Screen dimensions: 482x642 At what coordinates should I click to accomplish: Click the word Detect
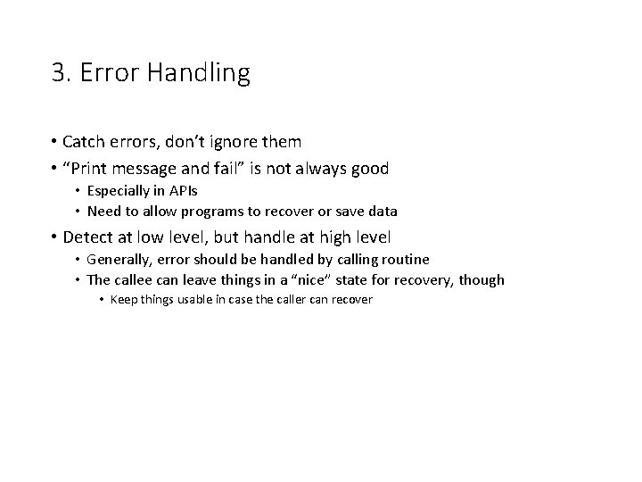pyautogui.click(x=86, y=237)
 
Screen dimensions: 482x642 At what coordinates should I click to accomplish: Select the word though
pyautogui.click(x=482, y=280)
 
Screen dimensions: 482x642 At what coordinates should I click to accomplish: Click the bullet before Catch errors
pyautogui.click(x=54, y=142)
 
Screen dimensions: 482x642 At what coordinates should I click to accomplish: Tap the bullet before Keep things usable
pyautogui.click(x=103, y=300)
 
